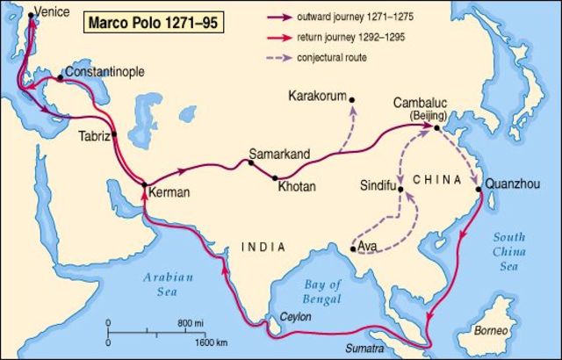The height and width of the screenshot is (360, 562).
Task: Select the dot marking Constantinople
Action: [60, 78]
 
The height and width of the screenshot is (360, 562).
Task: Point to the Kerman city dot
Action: [145, 184]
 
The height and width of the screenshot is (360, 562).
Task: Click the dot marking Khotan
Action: [275, 177]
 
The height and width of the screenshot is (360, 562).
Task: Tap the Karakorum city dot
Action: [352, 100]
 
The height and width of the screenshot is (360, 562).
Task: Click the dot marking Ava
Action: [353, 249]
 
